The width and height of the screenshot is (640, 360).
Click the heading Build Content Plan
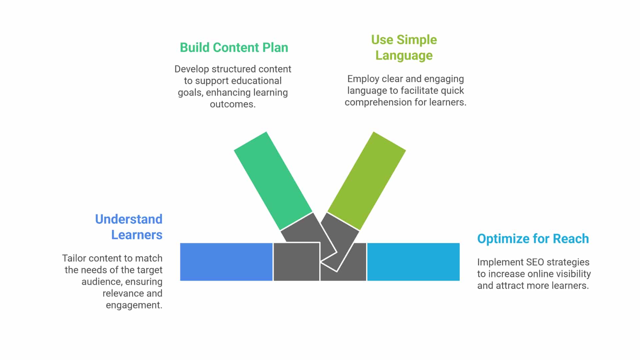234,48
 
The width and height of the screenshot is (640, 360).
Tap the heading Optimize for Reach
533,239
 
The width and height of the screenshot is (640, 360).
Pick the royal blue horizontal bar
226,262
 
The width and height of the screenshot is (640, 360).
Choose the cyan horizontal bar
413,262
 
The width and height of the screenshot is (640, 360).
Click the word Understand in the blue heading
129,219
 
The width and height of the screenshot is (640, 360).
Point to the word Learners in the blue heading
137,235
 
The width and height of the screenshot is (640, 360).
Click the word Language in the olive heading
404,56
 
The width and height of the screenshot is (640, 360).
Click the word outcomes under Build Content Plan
233,104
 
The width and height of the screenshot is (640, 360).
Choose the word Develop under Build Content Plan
192,69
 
